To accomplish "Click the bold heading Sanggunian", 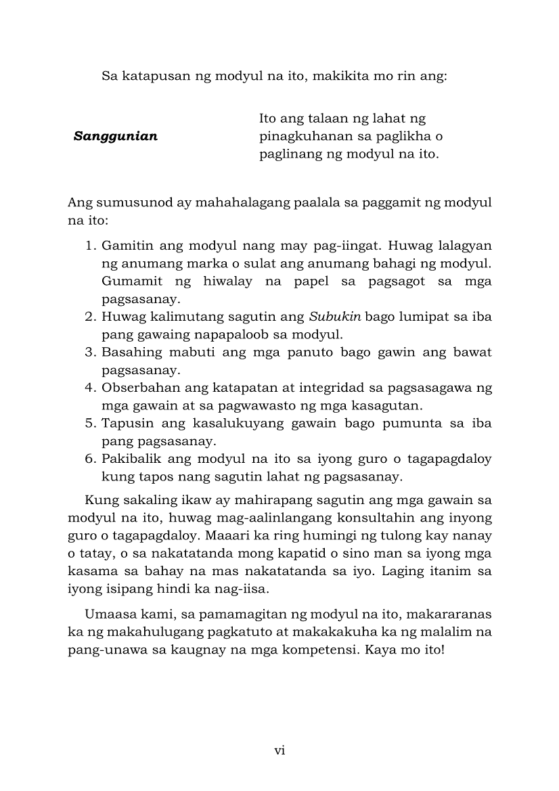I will click(116, 137).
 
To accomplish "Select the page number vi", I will click(279, 750).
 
